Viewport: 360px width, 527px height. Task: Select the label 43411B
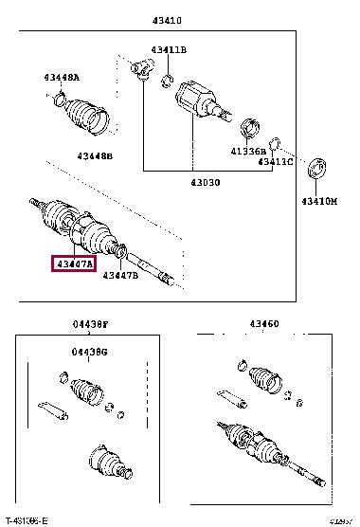pos(169,49)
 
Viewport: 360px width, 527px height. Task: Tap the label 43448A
pos(61,78)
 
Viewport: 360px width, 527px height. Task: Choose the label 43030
pos(204,181)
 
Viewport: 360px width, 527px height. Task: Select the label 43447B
pos(121,275)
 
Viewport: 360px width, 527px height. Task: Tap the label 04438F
pos(90,324)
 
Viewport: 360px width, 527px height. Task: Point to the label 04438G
pos(90,353)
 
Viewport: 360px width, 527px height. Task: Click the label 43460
pos(263,324)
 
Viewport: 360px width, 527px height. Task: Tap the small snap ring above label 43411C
pos(274,144)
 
